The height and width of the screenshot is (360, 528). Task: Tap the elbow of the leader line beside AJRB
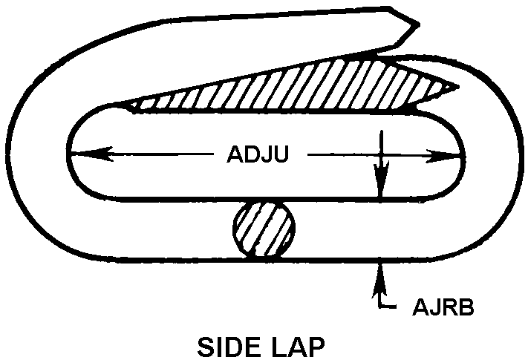click(380, 305)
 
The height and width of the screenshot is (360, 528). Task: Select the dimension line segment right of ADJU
click(371, 156)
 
